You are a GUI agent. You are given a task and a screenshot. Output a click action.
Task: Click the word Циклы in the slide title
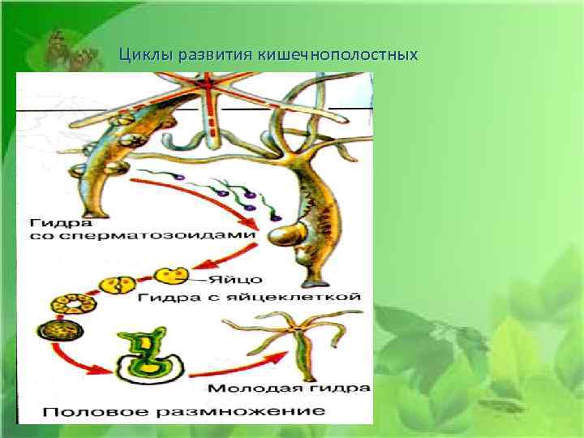(x=139, y=55)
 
